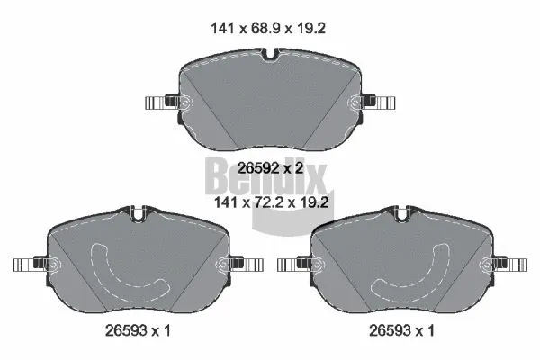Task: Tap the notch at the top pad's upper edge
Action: tap(270, 60)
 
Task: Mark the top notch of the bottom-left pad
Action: tap(138, 216)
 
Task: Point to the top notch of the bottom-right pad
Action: tap(402, 216)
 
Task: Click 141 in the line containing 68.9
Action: tap(220, 28)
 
